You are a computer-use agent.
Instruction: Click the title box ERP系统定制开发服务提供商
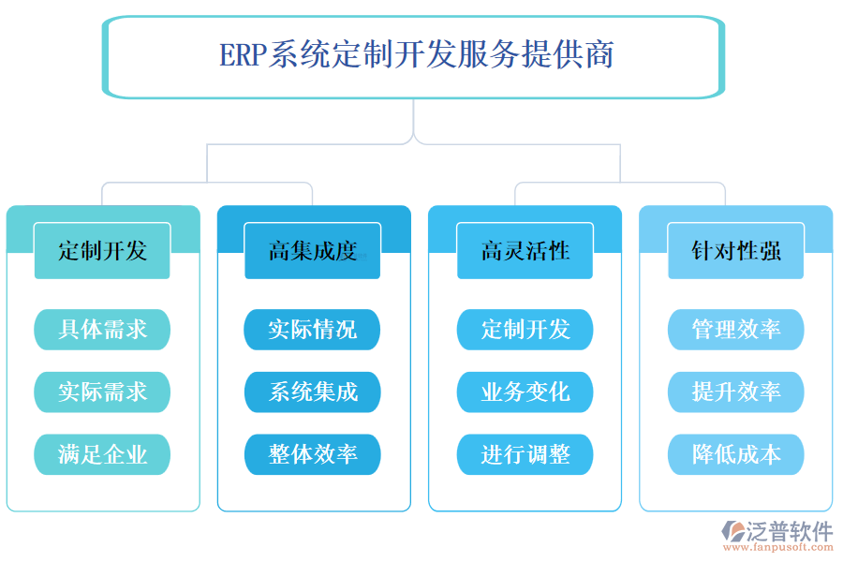pyautogui.click(x=415, y=56)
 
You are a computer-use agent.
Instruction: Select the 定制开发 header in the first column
pyautogui.click(x=102, y=251)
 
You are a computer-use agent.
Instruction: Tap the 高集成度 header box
pyautogui.click(x=313, y=251)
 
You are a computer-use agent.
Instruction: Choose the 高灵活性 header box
pyautogui.click(x=525, y=251)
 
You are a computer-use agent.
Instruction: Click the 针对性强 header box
pyautogui.click(x=735, y=251)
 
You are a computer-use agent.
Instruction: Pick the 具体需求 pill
pyautogui.click(x=102, y=330)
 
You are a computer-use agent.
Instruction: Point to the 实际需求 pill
pyautogui.click(x=102, y=392)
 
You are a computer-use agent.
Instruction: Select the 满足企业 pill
pyautogui.click(x=102, y=454)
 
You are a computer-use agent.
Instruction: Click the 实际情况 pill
pyautogui.click(x=313, y=330)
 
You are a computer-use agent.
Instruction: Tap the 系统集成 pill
pyautogui.click(x=313, y=392)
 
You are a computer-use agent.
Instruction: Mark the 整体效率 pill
pyautogui.click(x=313, y=454)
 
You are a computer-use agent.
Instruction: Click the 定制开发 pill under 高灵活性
pyautogui.click(x=525, y=330)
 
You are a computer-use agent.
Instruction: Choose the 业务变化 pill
pyautogui.click(x=525, y=392)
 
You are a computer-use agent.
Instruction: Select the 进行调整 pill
pyautogui.click(x=525, y=454)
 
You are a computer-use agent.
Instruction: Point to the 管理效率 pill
pyautogui.click(x=735, y=330)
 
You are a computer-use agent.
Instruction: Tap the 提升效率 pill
pyautogui.click(x=735, y=392)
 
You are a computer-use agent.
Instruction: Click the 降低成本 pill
pyautogui.click(x=735, y=454)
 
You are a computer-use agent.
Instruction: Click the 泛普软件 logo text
pyautogui.click(x=789, y=531)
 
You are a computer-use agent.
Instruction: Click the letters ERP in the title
pyautogui.click(x=242, y=56)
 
